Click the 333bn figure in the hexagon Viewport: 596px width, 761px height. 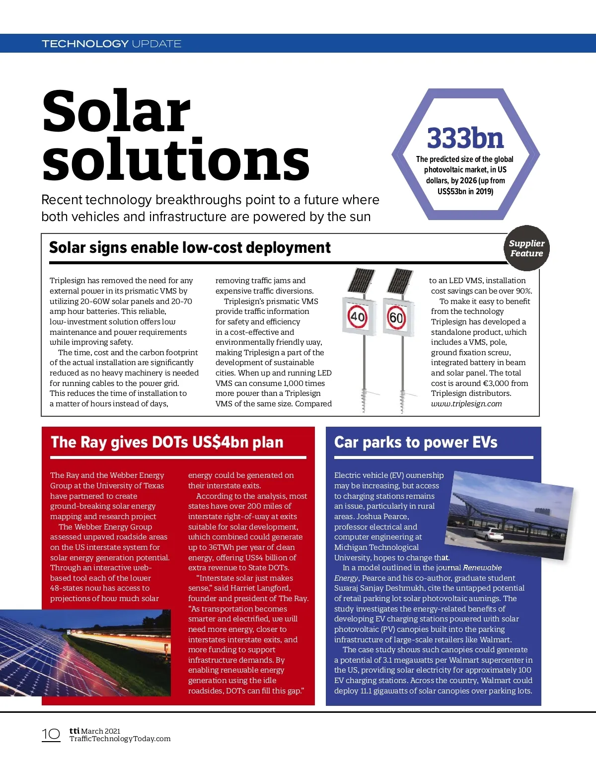pyautogui.click(x=465, y=138)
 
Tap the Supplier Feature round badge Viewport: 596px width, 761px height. pyautogui.click(x=526, y=248)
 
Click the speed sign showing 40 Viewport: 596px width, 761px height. pyautogui.click(x=358, y=316)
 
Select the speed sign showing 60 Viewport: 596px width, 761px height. pyautogui.click(x=396, y=317)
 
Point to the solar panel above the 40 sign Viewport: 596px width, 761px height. pyautogui.click(x=361, y=281)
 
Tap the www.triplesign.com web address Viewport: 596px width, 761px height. pyautogui.click(x=466, y=404)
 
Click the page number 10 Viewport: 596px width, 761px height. pyautogui.click(x=51, y=734)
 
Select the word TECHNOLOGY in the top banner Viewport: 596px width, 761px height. pyautogui.click(x=85, y=44)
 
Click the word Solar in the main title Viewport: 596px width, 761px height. pyautogui.click(x=116, y=111)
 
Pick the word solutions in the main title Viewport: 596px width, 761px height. pyautogui.click(x=176, y=160)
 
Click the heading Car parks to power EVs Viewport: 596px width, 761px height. pyautogui.click(x=416, y=442)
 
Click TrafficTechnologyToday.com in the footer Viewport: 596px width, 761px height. pyautogui.click(x=120, y=739)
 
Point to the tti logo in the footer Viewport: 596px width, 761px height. pyautogui.click(x=74, y=730)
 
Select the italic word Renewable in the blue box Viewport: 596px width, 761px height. pyautogui.click(x=482, y=568)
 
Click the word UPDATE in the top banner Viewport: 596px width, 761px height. pyautogui.click(x=156, y=44)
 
